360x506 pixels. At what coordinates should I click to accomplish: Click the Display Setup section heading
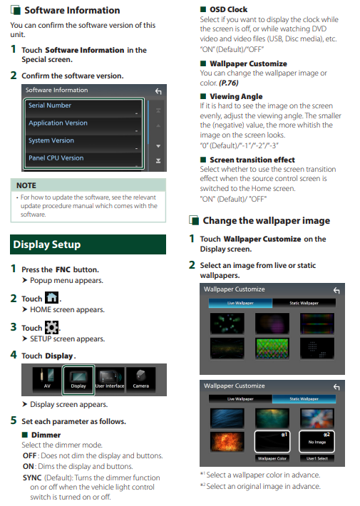click(47, 244)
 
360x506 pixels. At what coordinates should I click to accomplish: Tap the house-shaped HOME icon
click(51, 297)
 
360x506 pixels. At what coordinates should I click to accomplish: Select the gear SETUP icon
click(51, 327)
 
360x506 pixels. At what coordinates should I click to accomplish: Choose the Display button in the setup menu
click(78, 380)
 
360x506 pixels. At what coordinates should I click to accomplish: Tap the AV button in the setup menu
click(47, 379)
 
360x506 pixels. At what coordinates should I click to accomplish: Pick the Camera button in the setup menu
click(140, 379)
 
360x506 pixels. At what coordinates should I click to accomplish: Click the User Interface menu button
click(110, 379)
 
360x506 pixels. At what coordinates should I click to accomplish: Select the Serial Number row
click(83, 108)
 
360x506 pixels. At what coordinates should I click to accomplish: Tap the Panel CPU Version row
click(83, 160)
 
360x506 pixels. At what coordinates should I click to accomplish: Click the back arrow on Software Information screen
click(158, 91)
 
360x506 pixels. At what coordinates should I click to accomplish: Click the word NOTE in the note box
click(26, 185)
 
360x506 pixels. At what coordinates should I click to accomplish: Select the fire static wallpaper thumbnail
click(227, 441)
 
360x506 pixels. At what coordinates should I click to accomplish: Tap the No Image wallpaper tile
click(317, 441)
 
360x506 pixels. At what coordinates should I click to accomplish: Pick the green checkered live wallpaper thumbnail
click(272, 348)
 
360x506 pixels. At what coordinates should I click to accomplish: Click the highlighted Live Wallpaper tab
click(240, 303)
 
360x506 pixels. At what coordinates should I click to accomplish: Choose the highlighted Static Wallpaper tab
click(304, 399)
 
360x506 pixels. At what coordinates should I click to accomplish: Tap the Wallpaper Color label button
click(272, 458)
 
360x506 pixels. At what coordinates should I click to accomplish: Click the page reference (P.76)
click(229, 83)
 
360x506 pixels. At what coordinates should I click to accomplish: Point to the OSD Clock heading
click(229, 9)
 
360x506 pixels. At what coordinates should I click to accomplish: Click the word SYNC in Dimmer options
click(32, 477)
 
